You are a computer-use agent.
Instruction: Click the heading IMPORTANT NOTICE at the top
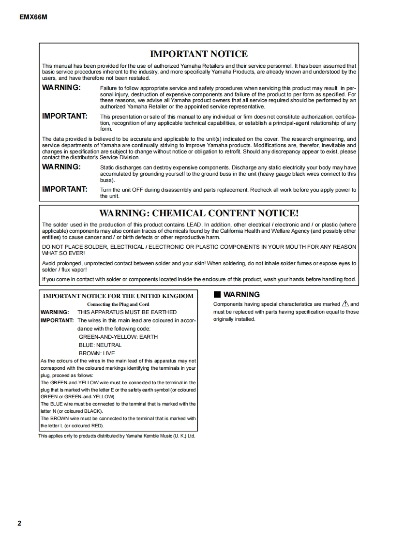tap(199, 54)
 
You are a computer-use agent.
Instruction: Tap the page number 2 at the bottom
tap(19, 523)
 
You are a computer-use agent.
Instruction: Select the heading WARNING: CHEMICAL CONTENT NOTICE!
tap(199, 213)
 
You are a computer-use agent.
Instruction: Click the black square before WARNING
tap(217, 294)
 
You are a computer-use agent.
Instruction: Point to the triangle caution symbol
tap(345, 304)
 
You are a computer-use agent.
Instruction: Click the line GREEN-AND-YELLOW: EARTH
tap(118, 337)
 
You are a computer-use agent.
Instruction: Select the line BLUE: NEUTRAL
tap(100, 345)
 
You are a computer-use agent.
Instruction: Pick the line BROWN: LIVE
tap(97, 353)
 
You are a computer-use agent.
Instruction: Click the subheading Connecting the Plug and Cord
tap(118, 304)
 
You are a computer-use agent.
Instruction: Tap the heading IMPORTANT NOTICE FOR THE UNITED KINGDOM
tap(118, 296)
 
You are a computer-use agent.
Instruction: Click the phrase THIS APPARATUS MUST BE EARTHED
tap(127, 312)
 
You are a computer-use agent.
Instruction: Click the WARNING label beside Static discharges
tap(61, 167)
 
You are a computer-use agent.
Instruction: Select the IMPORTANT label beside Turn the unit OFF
tap(65, 189)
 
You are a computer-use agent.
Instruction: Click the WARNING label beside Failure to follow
tap(61, 88)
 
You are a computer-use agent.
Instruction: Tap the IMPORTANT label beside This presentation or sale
tap(65, 116)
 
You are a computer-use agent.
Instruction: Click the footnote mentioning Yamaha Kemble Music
tap(117, 436)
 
